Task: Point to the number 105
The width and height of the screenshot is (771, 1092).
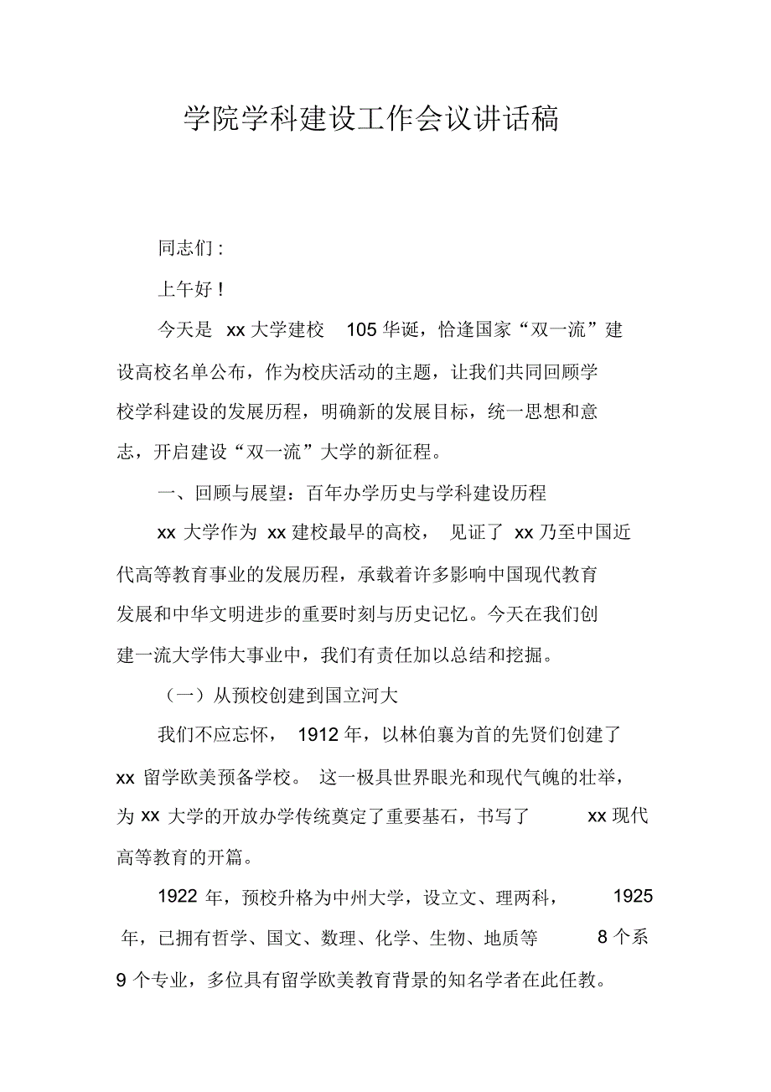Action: (362, 330)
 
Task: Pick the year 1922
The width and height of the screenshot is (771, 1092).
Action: (179, 898)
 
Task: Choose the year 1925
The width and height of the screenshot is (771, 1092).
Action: (633, 898)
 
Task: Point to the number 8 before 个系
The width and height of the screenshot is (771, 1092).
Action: (602, 939)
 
